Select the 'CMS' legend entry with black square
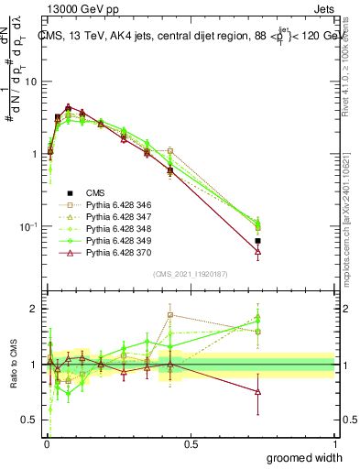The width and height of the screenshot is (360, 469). [x=95, y=193]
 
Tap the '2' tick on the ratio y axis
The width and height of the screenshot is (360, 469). [x=34, y=310]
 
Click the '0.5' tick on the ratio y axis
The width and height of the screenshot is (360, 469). [x=29, y=420]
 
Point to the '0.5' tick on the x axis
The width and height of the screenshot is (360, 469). [x=191, y=443]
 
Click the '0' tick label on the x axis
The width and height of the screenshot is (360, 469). [x=46, y=443]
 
